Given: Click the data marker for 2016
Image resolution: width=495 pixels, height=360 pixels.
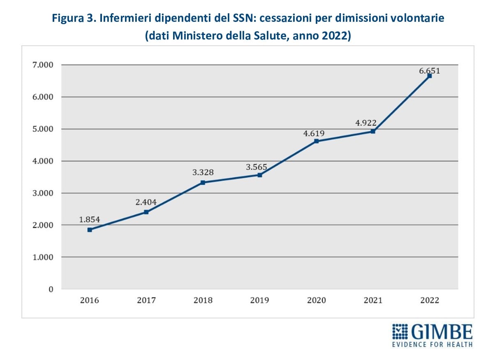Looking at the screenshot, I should [90, 230].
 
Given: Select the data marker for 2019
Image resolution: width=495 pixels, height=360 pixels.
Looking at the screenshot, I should [260, 175].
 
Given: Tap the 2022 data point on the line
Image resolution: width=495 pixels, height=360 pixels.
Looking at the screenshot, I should [430, 76].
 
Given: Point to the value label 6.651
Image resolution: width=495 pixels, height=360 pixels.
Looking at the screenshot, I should [430, 71].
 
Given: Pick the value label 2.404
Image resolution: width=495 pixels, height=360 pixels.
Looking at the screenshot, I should [146, 202].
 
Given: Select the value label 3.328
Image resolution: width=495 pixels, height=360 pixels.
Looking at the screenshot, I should [203, 172].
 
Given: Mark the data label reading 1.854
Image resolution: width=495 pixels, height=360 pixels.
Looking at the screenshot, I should [90, 220].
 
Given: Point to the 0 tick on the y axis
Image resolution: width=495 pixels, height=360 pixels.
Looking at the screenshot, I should [51, 289].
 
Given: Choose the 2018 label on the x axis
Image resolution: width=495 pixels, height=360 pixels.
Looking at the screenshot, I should [203, 300].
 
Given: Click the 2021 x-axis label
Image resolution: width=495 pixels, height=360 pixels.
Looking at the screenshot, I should [373, 300].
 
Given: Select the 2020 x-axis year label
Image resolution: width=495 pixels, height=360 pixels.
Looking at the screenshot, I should [317, 300].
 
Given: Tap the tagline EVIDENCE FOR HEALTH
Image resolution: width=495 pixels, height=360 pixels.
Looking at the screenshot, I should [432, 344].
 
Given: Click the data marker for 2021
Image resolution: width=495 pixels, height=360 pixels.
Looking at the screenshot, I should [373, 131].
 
